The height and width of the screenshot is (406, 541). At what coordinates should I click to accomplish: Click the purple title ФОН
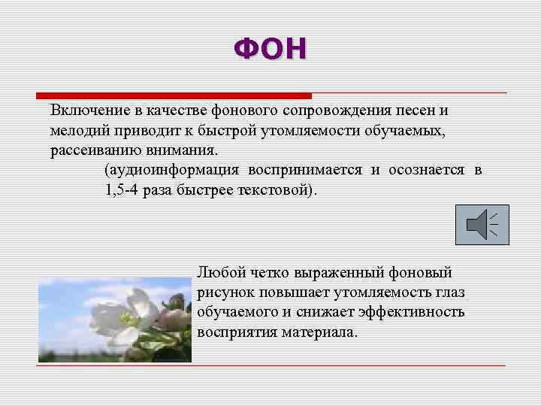pos(270,50)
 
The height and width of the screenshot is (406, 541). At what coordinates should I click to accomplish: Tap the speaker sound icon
pos(482,225)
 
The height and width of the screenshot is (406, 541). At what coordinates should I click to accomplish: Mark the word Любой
pos(219,272)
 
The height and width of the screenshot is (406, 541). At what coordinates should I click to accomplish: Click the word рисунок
pos(224,292)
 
